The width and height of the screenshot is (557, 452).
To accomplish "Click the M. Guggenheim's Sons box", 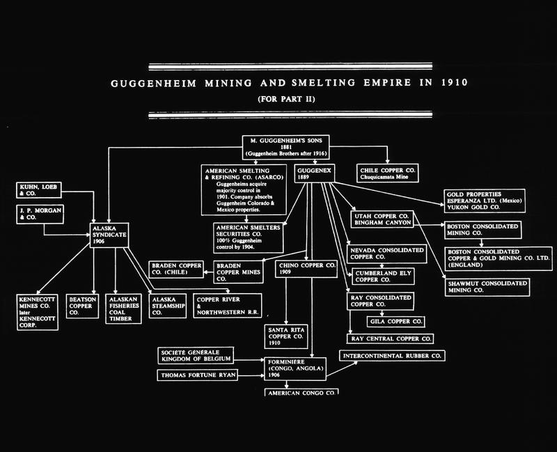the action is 285,147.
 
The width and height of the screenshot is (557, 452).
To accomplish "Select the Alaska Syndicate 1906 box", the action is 109,235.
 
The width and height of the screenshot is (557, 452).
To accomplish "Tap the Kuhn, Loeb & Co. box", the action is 39,190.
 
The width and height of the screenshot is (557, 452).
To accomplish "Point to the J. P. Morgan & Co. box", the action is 40,215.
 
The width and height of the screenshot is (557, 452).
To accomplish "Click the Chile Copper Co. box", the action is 388,173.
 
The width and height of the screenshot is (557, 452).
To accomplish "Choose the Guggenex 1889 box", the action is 315,173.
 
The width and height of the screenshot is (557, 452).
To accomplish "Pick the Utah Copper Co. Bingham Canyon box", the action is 382,219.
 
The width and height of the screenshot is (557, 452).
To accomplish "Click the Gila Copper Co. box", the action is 395,322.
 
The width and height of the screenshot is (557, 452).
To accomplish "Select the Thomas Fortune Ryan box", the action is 198,375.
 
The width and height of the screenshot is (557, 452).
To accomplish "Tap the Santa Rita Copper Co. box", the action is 286,336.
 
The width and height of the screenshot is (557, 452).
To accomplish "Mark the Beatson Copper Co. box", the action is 82,306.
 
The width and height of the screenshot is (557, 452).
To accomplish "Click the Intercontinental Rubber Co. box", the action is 392,356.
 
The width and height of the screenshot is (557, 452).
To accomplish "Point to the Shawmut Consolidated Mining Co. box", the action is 487,287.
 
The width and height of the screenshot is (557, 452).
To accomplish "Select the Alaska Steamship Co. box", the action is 168,306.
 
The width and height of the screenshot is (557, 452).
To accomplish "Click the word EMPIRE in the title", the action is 387,83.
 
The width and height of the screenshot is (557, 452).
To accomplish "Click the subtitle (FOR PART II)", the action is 286,99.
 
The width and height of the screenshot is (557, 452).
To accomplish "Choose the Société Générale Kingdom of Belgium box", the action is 196,356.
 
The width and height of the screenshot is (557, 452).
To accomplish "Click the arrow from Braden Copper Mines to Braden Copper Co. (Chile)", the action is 208,272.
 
